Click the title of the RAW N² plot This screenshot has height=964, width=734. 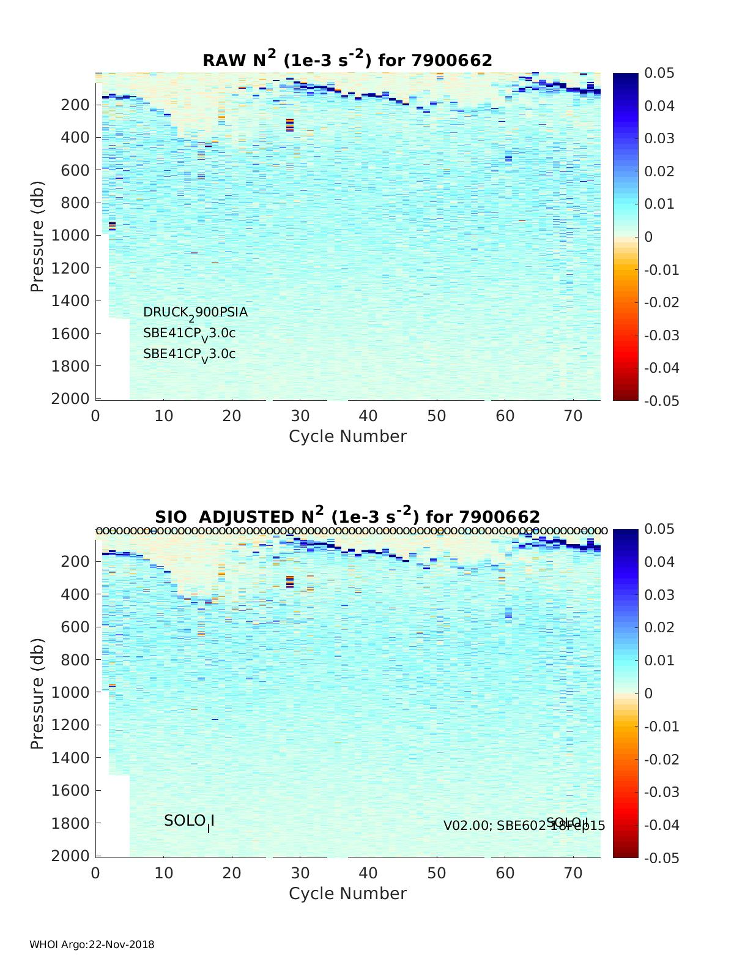[x=347, y=59]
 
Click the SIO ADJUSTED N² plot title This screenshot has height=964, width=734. [x=347, y=516]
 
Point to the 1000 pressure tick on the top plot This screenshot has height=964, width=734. [x=74, y=236]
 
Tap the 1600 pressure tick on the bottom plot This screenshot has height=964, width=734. [x=74, y=790]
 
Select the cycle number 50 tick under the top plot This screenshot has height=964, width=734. [x=436, y=416]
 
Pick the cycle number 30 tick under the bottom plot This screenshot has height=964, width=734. [x=300, y=873]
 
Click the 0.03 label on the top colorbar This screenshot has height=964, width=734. [x=659, y=138]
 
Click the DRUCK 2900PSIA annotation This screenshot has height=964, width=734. [x=195, y=313]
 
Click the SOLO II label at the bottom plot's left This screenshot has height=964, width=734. [x=189, y=821]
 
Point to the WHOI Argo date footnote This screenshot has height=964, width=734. [x=92, y=944]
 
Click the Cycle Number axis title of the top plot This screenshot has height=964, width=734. [x=347, y=436]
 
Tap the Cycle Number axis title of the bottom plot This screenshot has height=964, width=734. [x=347, y=894]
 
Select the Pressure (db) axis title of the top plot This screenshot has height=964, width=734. [x=38, y=236]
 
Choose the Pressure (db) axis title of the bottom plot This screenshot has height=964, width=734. [x=38, y=693]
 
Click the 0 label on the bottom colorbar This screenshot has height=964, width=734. [x=649, y=693]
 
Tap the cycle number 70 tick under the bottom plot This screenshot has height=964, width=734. [x=573, y=873]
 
